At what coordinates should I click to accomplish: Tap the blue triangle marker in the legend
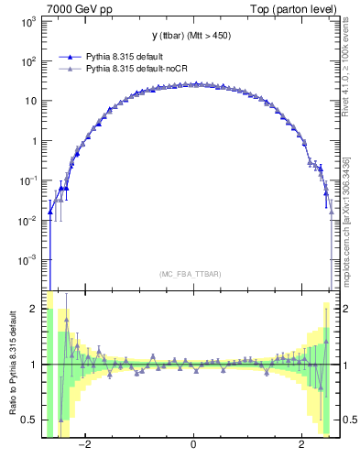[x=71, y=56]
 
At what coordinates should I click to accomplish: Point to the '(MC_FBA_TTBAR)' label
[x=192, y=274]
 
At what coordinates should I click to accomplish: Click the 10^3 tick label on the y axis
[x=27, y=21]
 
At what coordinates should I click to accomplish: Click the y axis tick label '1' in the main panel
[x=33, y=141]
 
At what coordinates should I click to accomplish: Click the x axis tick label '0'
[x=193, y=445]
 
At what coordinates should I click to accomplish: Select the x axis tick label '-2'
[x=83, y=445]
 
